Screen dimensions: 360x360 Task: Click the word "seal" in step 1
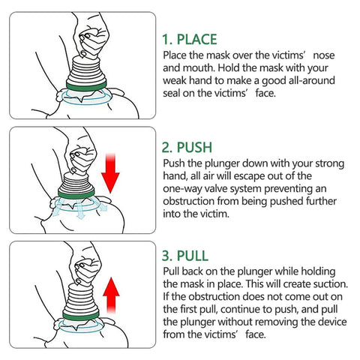(x=175, y=94)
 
